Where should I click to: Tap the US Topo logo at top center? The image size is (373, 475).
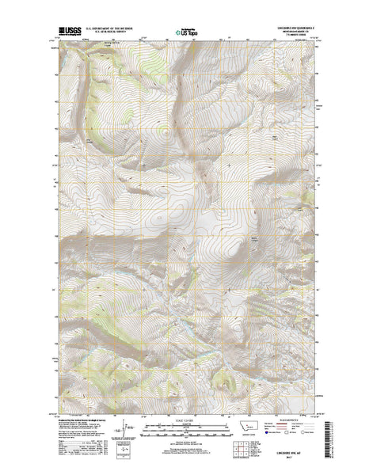coord(187,33)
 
